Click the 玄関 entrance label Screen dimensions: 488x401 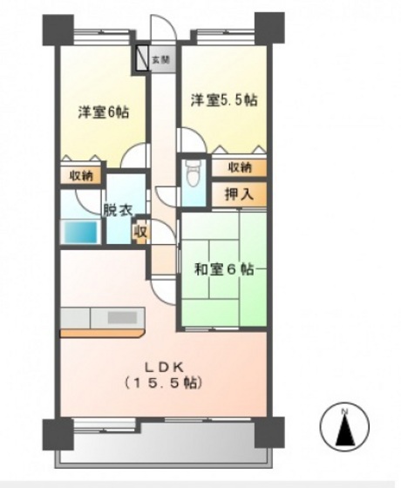pyautogui.click(x=160, y=60)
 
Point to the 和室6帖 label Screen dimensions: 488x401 pyautogui.click(x=224, y=270)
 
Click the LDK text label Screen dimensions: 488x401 pyautogui.click(x=163, y=365)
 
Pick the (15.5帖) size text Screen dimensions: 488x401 pyautogui.click(x=163, y=383)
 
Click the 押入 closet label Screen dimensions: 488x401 pyautogui.click(x=239, y=194)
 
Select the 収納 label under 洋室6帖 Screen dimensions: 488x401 pyautogui.click(x=81, y=175)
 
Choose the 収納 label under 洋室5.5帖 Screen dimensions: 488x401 pyautogui.click(x=240, y=166)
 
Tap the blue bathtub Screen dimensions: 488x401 pyautogui.click(x=82, y=232)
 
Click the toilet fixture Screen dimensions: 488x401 pyautogui.click(x=194, y=177)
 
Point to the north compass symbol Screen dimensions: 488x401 pyautogui.click(x=346, y=428)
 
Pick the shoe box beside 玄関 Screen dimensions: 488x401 pyautogui.click(x=142, y=58)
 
